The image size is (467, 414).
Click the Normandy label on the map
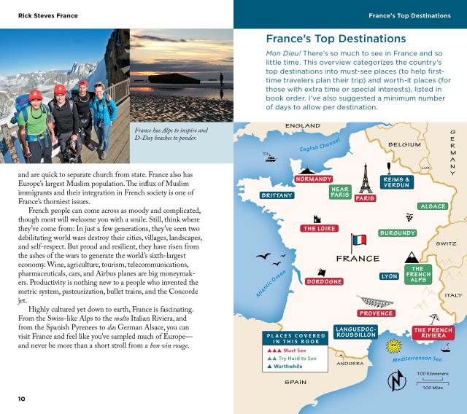tap(314, 179)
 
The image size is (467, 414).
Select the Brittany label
tap(277, 195)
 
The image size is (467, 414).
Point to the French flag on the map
tap(358, 241)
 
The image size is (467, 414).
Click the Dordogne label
tap(325, 281)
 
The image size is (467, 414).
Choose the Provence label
tap(377, 313)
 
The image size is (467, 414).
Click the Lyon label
tap(390, 277)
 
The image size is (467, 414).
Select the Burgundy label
tap(398, 233)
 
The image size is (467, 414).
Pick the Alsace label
tap(433, 206)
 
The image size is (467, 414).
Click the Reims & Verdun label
tap(398, 182)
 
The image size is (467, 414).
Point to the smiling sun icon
tap(394, 345)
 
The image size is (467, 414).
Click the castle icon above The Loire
tap(317, 218)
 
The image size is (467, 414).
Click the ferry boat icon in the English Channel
tap(270, 157)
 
